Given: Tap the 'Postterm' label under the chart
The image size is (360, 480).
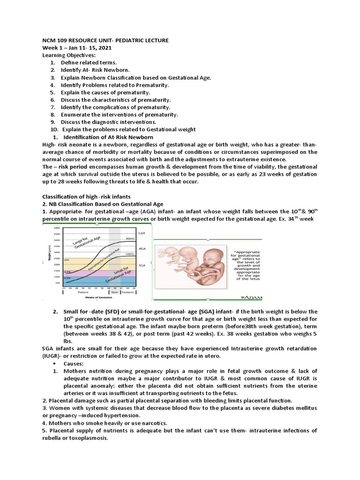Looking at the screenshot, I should coord(127,292).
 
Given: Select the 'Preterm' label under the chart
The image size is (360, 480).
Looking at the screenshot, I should coord(83,292).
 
